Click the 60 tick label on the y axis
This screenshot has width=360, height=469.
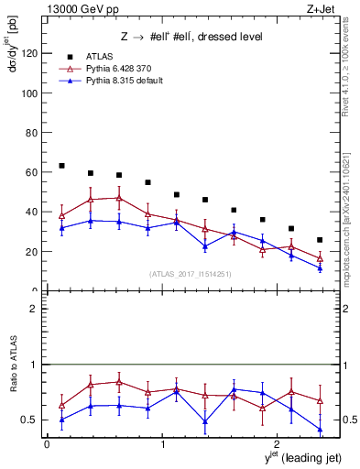tap(31, 172)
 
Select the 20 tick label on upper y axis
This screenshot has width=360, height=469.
tap(31, 251)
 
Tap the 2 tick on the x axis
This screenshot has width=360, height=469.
tap(279, 443)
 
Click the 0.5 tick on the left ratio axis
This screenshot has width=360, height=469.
tap(28, 420)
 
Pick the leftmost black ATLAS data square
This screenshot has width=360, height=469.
tap(61, 166)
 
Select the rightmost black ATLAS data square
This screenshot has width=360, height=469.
tap(320, 240)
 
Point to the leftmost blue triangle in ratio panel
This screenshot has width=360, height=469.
tap(61, 420)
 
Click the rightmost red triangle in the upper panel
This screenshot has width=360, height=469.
tap(320, 258)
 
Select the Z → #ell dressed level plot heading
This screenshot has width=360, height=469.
tap(191, 38)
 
